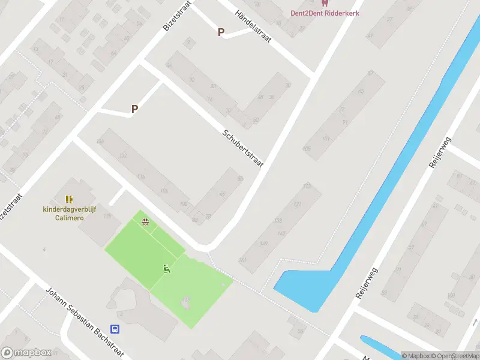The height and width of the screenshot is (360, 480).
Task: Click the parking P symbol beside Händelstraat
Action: [221, 32]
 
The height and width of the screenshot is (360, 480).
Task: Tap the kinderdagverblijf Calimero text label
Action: [71, 214]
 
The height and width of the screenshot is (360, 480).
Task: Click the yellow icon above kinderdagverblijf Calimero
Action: [69, 199]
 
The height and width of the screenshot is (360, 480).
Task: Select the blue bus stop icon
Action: [115, 329]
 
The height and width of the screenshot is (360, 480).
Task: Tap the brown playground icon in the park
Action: [145, 221]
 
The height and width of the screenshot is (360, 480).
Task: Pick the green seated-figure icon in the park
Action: [167, 268]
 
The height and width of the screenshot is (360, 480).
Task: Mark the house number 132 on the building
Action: [123, 156]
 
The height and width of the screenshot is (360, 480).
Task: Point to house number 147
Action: [281, 232]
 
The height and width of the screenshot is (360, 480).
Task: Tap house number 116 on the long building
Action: [141, 176]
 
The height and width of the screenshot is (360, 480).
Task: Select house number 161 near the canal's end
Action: [242, 260]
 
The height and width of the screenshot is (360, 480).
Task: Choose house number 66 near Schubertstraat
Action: [222, 193]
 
